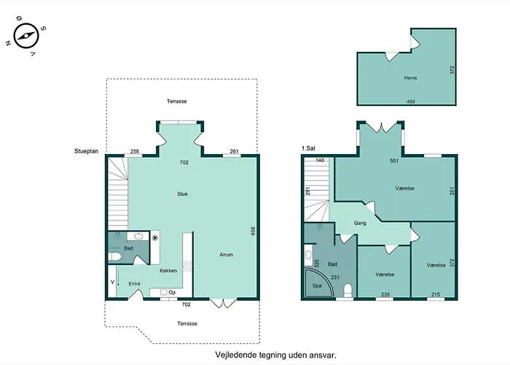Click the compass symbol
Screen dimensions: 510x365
click(26, 36)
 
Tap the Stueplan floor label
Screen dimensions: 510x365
click(86, 151)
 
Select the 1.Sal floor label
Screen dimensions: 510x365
click(308, 149)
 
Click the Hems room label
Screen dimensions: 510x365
click(410, 78)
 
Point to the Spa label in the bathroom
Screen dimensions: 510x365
click(317, 285)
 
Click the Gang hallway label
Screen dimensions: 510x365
click(360, 223)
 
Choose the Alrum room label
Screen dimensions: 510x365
click(226, 255)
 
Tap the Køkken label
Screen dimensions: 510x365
click(168, 271)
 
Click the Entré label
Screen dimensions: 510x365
click(134, 284)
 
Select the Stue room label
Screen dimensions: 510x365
click(182, 194)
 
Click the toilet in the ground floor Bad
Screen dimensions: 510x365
click(114, 256)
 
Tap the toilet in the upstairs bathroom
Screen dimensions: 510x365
click(348, 291)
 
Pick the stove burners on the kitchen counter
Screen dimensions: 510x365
click(187, 266)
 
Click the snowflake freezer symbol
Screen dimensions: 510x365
click(154, 237)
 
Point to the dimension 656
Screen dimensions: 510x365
click(254, 231)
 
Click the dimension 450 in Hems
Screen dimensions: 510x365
click(411, 101)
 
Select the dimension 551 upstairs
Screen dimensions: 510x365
click(394, 161)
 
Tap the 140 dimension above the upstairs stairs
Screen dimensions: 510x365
click(320, 160)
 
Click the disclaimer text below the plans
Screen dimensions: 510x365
click(275, 355)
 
